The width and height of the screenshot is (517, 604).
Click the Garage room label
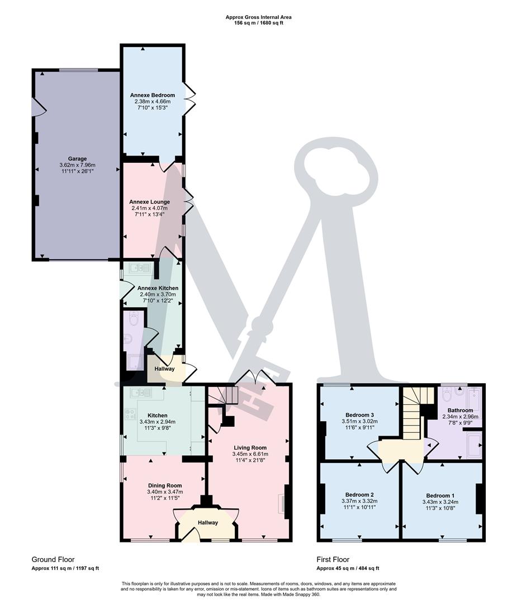[x=77, y=159]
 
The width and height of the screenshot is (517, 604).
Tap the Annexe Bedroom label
[x=153, y=95]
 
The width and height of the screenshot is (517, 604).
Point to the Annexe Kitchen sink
[x=138, y=269]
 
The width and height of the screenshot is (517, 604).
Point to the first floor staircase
[x=414, y=417]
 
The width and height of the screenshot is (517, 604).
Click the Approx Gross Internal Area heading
[x=258, y=17]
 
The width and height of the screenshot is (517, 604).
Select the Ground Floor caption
[x=53, y=559]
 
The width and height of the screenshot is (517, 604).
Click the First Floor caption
[x=333, y=559]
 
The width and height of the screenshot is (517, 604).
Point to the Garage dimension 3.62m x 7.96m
[x=77, y=166]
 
